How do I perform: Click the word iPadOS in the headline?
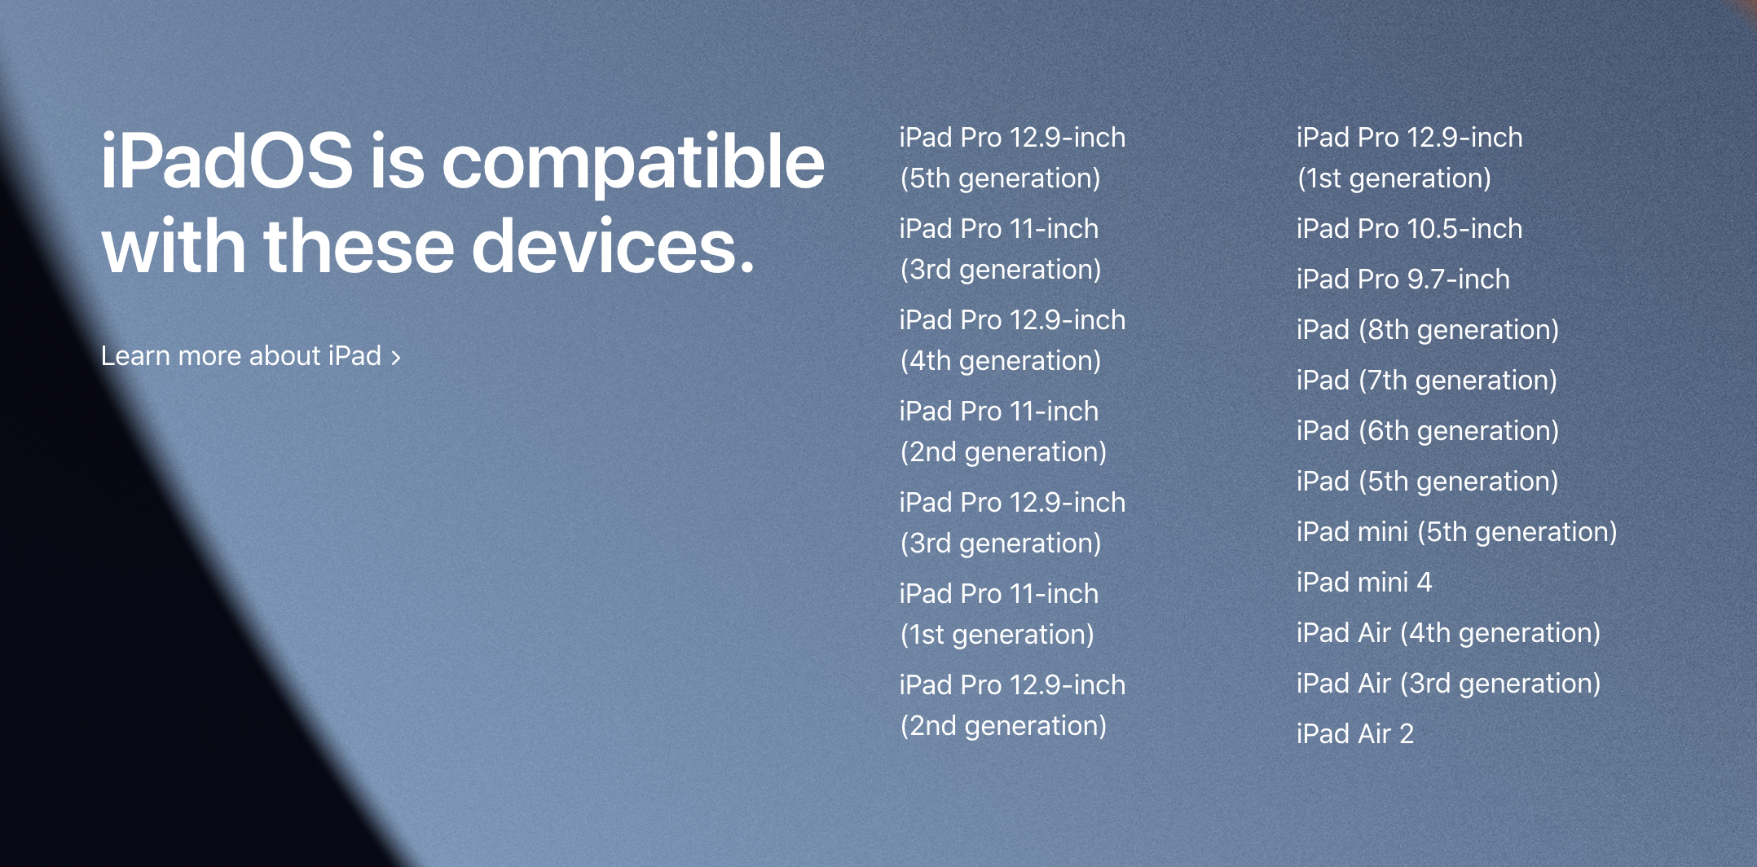coord(227,161)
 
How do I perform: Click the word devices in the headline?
coord(614,245)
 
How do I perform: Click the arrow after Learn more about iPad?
coord(396,358)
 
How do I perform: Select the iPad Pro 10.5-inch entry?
coord(1409,229)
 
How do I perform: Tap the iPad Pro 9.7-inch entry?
coord(1403,279)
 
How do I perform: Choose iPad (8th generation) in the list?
coord(1427,330)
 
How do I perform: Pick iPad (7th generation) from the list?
coord(1426,381)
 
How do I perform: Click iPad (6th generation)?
coord(1427,431)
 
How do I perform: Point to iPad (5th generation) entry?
coord(1427,482)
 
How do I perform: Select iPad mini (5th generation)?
coord(1456,532)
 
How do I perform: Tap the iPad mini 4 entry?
coord(1363,583)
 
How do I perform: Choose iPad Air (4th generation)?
coord(1448,633)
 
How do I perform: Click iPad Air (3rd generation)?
coord(1448,684)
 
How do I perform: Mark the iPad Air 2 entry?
coord(1354,734)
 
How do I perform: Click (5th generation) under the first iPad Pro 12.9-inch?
coord(1000,178)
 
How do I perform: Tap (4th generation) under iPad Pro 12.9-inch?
coord(1000,361)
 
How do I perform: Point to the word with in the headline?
coord(174,245)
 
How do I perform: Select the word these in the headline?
coord(359,245)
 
